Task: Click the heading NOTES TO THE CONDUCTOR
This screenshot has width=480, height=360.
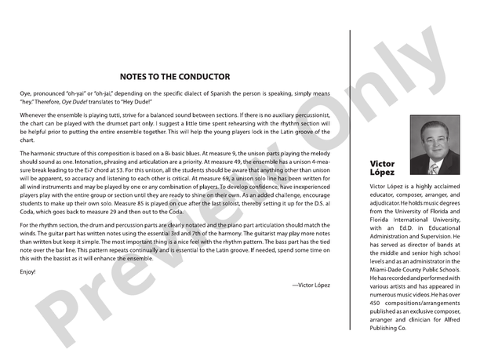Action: coord(174,77)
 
